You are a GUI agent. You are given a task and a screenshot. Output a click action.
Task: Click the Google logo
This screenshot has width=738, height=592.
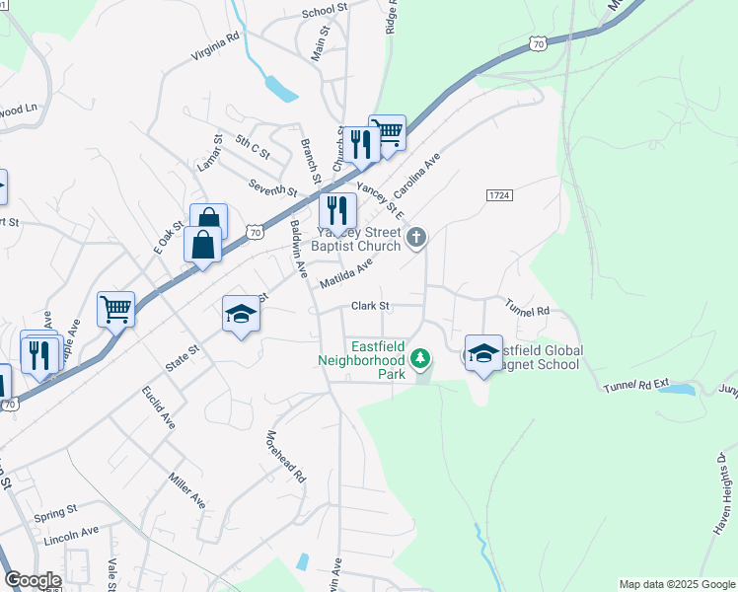tap(33, 580)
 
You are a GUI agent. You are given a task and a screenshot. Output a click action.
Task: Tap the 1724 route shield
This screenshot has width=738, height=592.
tap(499, 196)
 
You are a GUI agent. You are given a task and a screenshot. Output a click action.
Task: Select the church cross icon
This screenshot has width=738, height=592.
tap(417, 237)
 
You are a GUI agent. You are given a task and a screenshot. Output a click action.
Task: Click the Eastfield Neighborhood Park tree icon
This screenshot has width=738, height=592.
tap(421, 357)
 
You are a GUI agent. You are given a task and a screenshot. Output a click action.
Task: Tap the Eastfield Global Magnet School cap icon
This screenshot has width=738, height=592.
tap(483, 354)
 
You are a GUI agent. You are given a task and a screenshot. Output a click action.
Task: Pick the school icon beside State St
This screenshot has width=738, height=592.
tap(240, 315)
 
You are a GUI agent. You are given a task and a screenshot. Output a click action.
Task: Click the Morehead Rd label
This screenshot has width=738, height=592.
tap(286, 456)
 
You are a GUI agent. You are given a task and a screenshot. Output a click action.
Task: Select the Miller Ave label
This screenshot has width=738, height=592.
tap(186, 489)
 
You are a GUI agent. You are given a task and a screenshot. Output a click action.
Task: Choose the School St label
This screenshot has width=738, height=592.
tap(326, 11)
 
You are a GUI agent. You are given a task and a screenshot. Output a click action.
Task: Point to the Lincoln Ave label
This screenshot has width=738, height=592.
tap(71, 535)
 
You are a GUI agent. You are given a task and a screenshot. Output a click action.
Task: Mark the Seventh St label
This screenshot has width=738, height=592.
tap(272, 187)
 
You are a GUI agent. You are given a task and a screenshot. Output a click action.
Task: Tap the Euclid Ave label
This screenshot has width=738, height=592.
tap(159, 407)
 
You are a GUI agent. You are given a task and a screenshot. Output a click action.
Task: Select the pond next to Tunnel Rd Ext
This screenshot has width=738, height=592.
tap(677, 390)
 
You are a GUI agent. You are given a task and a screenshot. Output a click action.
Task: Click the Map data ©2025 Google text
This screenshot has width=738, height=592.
tap(676, 584)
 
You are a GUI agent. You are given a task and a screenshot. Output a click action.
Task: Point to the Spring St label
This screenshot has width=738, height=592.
tap(55, 513)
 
